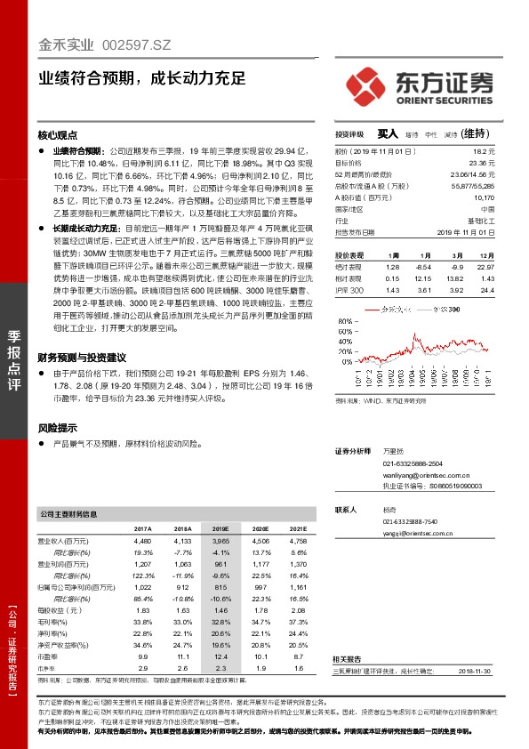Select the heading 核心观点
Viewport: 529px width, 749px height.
[58, 136]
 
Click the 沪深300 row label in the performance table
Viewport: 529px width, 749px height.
[350, 290]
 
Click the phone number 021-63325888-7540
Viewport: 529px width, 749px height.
[411, 521]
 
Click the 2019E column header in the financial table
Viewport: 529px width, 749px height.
[220, 528]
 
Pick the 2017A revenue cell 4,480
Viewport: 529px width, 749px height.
[142, 540]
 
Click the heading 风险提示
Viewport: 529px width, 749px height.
[58, 427]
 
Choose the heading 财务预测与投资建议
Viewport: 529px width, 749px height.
[82, 357]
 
